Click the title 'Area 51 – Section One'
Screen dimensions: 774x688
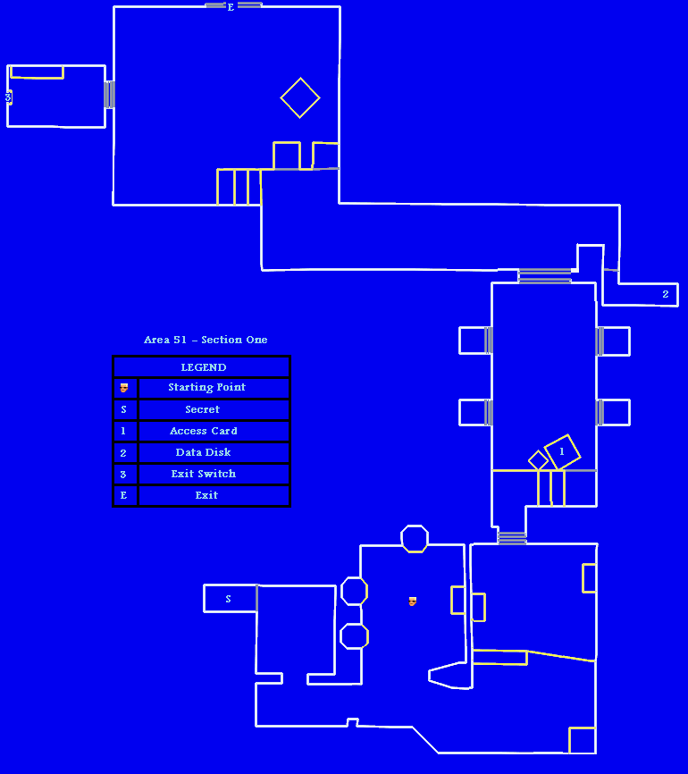pyautogui.click(x=206, y=340)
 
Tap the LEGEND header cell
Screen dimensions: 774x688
pyautogui.click(x=203, y=367)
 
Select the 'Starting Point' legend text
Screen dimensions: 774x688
pyautogui.click(x=206, y=388)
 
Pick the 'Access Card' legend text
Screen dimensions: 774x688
pyautogui.click(x=204, y=431)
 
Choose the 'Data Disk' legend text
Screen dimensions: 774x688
pyautogui.click(x=203, y=452)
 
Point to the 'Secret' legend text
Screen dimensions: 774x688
pyautogui.click(x=202, y=409)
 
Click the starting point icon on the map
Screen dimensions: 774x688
pyautogui.click(x=412, y=602)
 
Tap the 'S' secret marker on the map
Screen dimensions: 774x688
pyautogui.click(x=228, y=599)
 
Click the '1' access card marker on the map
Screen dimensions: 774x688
pyautogui.click(x=562, y=452)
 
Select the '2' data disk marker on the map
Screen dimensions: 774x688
pyautogui.click(x=665, y=294)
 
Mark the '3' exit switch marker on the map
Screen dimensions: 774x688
pyautogui.click(x=8, y=97)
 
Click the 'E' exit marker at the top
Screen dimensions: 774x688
pyautogui.click(x=231, y=7)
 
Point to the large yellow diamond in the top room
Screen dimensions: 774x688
pyautogui.click(x=300, y=97)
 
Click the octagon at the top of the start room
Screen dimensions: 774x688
pyautogui.click(x=415, y=539)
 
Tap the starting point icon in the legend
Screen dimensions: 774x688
pyautogui.click(x=124, y=388)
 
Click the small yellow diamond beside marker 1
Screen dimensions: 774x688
pyautogui.click(x=538, y=460)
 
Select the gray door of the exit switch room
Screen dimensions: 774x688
pyautogui.click(x=109, y=95)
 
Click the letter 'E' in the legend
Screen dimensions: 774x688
pyautogui.click(x=123, y=495)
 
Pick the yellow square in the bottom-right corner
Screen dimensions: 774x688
pyautogui.click(x=582, y=740)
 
